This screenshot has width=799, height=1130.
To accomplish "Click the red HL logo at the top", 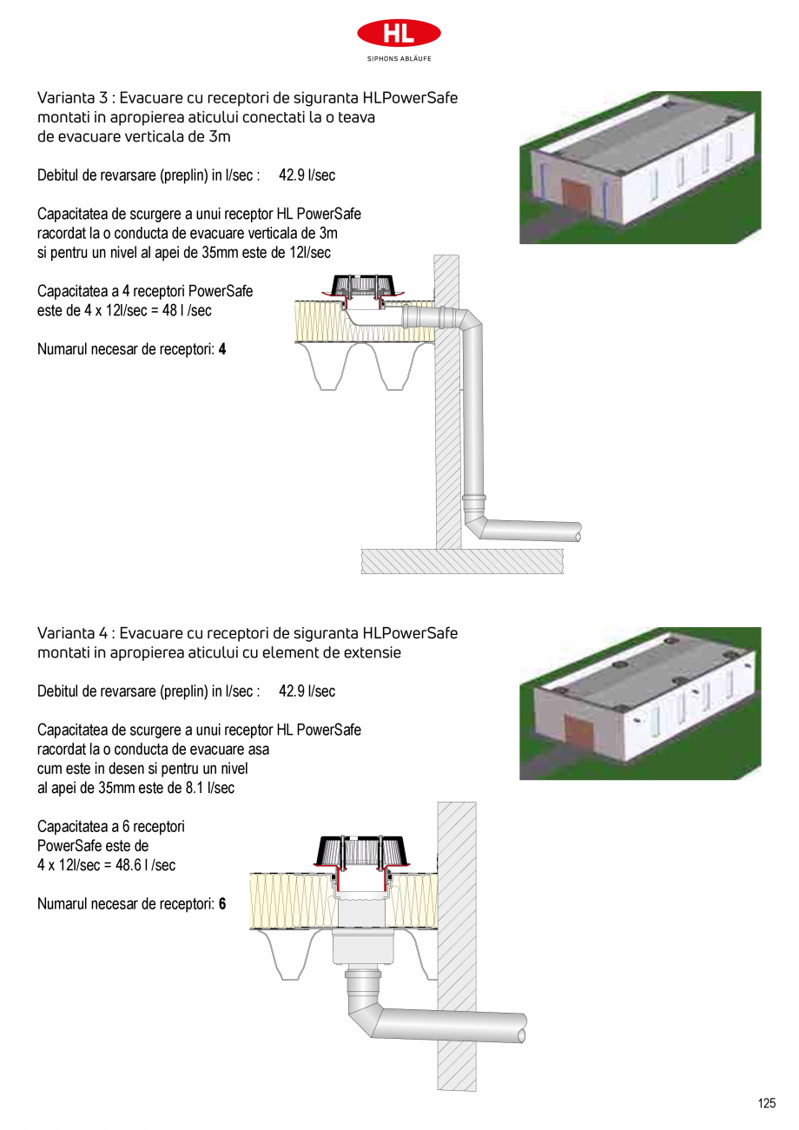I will tap(399, 33).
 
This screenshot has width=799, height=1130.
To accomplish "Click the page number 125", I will tap(766, 1104).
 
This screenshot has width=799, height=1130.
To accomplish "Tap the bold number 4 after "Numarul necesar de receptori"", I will tap(222, 350).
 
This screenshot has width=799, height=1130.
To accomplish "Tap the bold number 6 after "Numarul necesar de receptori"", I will tap(222, 904).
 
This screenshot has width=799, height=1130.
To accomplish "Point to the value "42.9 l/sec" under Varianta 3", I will tap(307, 175).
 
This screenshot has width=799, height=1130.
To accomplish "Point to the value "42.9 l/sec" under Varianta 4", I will tap(307, 691).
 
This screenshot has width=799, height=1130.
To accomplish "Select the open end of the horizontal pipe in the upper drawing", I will tap(578, 532).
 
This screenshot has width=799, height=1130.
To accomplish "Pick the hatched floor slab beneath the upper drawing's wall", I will tap(461, 561).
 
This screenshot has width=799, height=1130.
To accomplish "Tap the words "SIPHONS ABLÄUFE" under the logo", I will tap(399, 58).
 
